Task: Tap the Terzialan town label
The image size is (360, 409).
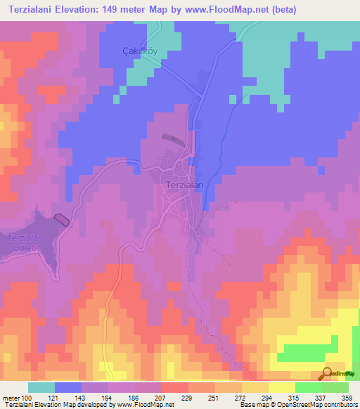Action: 184,184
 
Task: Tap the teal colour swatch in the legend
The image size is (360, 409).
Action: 41,387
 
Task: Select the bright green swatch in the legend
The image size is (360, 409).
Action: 308,387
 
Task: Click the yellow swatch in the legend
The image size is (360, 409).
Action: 281,387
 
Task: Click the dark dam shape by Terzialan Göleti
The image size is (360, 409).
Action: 61,219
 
